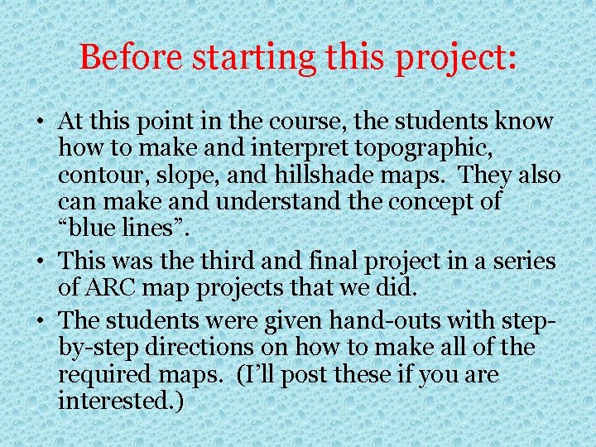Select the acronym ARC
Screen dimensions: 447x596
108,289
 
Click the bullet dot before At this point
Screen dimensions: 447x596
40,123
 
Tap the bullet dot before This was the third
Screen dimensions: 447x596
40,262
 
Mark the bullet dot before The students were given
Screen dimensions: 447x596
40,320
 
